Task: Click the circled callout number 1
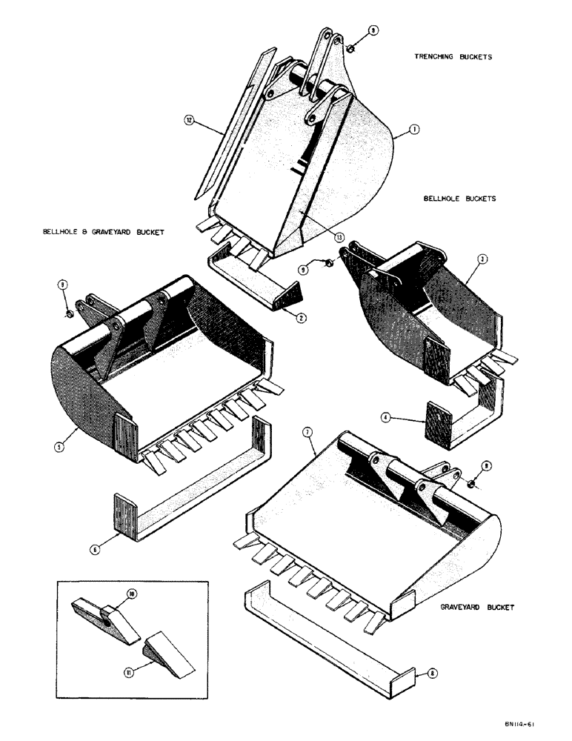413,128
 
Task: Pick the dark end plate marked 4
436,425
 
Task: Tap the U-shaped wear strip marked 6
185,505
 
